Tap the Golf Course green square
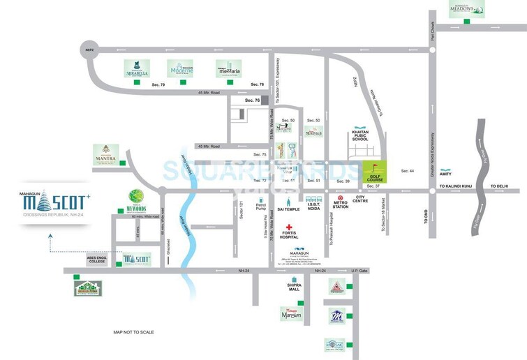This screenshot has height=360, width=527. [x=375, y=172]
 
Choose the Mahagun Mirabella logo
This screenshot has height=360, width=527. [x=137, y=68]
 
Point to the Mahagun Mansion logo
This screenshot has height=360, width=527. [x=289, y=315]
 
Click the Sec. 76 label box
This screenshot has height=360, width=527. [x=252, y=101]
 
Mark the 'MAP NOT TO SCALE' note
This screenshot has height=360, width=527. [x=133, y=332]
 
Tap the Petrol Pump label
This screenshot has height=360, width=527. [x=261, y=206]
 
